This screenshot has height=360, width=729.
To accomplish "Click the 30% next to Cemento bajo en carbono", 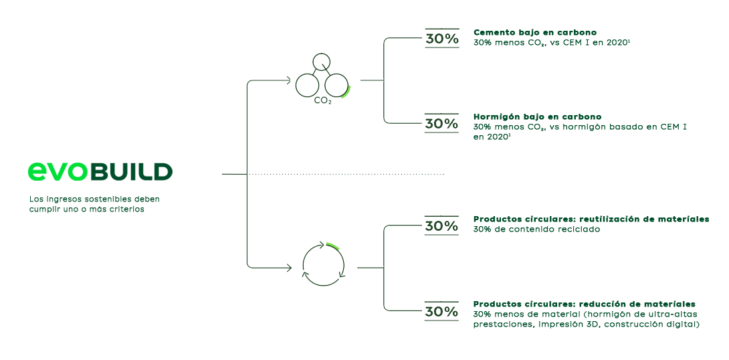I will pos(442,39).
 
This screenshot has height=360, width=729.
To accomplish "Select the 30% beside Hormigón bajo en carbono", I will pos(442,124).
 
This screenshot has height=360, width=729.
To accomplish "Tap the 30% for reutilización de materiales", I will pos(442,226).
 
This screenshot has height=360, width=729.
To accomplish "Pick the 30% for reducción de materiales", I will pos(442,312).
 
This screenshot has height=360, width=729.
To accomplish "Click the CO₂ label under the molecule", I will pos(322,101).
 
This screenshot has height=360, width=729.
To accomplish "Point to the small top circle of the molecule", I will pos(322,62).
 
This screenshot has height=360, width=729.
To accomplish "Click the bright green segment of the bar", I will pos(58,171).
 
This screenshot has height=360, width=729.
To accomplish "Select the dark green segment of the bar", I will pos(130,171).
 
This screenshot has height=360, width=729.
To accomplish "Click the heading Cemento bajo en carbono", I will pos(535,32).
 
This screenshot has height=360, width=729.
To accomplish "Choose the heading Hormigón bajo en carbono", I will pos(537,117).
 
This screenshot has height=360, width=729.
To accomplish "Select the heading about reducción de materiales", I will pos(584,304).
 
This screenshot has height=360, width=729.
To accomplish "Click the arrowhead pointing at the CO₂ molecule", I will pos(288,81).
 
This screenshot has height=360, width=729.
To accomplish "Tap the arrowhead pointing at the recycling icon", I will pos(288,268).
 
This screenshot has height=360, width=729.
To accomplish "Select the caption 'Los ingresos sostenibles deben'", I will pos(94,199).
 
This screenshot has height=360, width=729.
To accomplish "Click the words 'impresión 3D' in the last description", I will pos(564,325).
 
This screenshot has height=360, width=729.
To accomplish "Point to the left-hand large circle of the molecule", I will pos(307,85).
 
